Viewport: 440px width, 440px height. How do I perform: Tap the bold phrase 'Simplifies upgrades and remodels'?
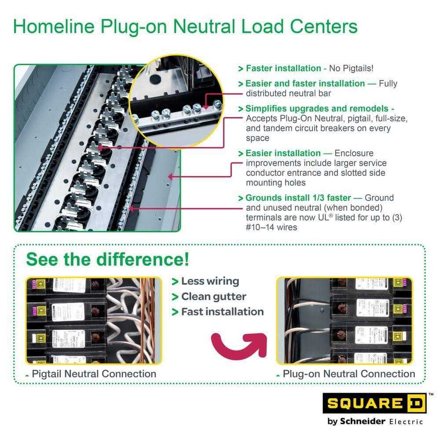(317, 109)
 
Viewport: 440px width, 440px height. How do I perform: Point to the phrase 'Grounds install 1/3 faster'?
(303, 198)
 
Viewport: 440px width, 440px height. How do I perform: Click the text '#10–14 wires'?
(271, 227)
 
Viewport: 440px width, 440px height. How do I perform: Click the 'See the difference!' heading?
(107, 259)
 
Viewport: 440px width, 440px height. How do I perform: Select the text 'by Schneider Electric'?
(375, 421)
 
